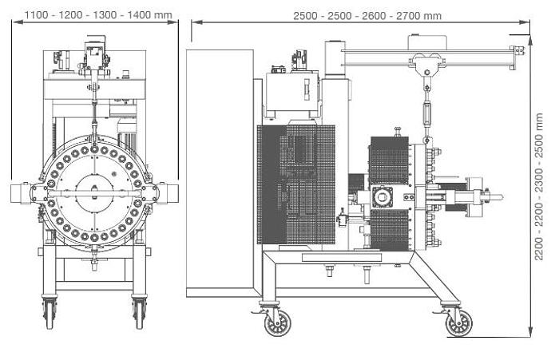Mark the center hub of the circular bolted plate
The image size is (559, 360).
coord(94,191)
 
